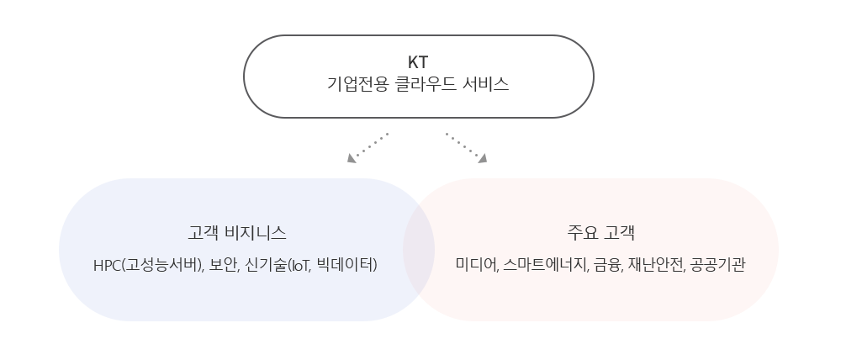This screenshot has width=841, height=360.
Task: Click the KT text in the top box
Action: coord(418,62)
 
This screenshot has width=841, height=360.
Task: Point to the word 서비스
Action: coord(485,84)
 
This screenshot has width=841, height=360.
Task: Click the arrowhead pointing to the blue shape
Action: coord(352,158)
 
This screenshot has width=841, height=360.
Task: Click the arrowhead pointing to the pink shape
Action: coord(483,158)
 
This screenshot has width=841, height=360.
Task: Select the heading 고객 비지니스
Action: coord(236,233)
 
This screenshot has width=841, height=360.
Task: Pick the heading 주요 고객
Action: coord(600,233)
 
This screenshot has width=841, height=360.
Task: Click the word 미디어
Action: coord(477,264)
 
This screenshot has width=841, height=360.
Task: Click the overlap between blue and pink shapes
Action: coord(419,250)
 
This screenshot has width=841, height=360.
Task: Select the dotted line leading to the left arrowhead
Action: coord(372,145)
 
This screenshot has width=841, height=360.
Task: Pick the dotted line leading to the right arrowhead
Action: coord(463,145)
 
